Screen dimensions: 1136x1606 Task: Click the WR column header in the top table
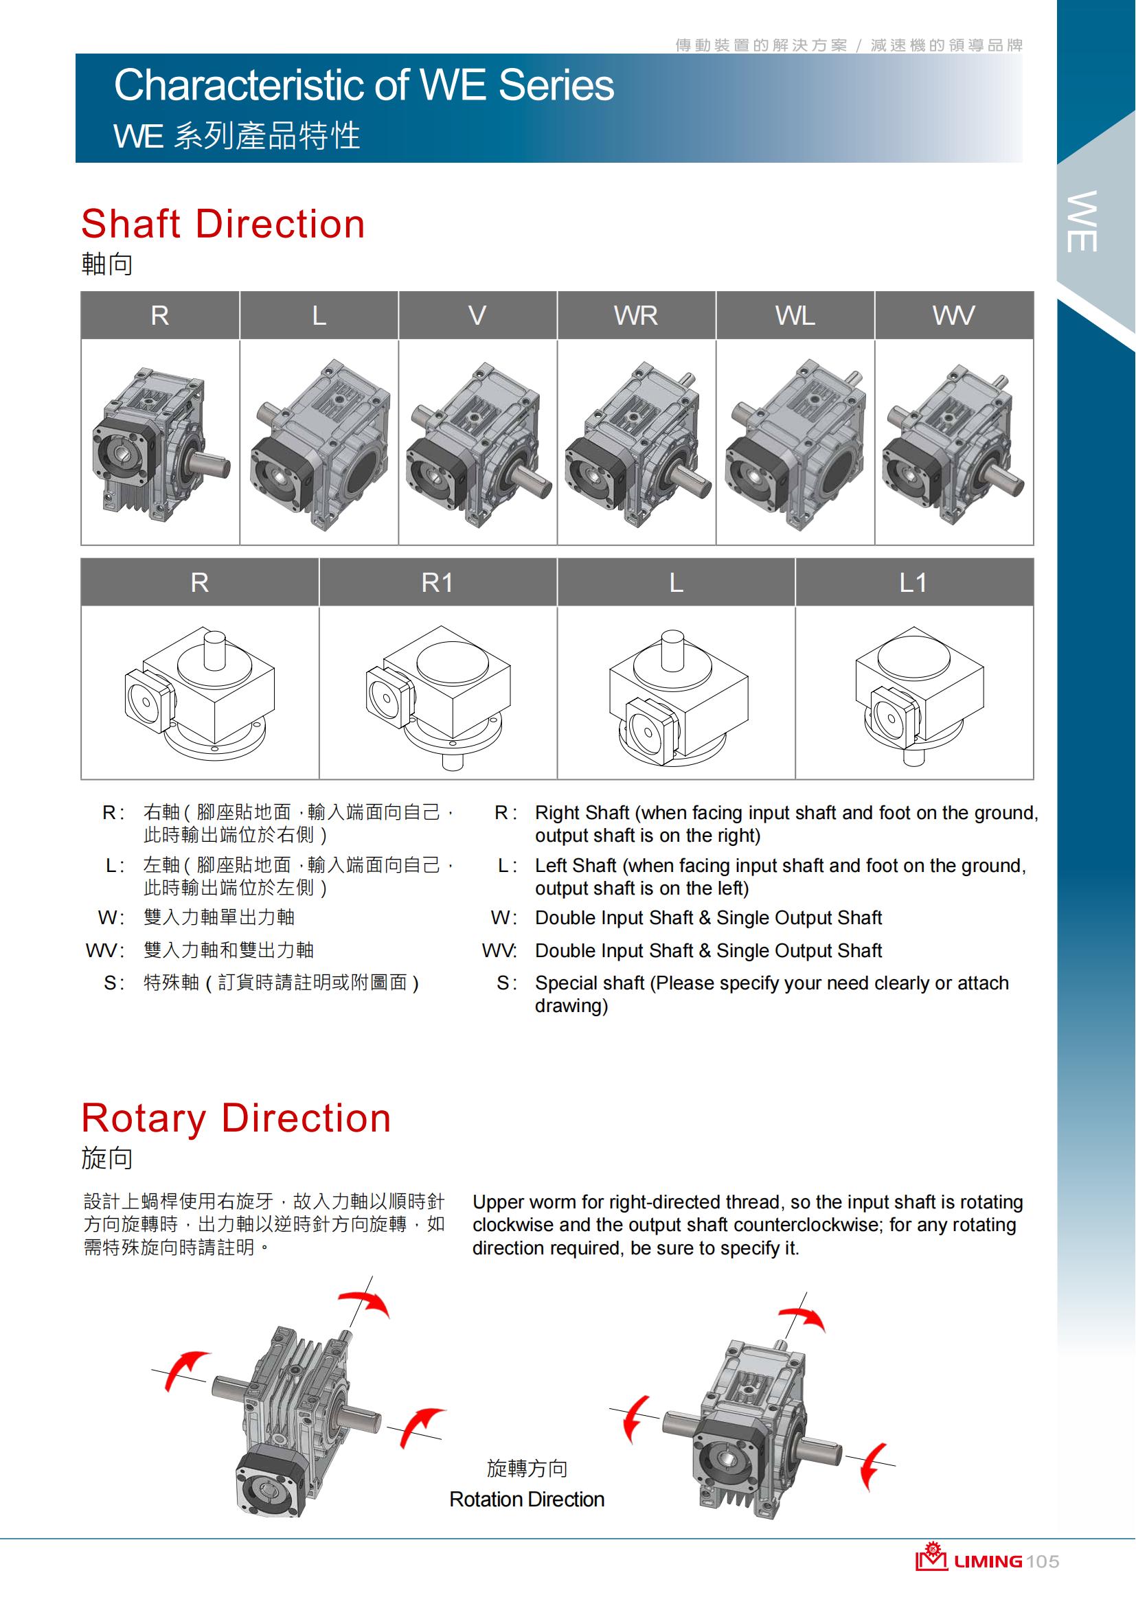pos(636,315)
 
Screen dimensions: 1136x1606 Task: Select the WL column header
pos(795,315)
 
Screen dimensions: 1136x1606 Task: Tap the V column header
pos(477,315)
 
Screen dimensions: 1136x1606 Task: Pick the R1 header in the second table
pos(438,582)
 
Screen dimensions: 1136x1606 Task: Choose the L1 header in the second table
pos(913,582)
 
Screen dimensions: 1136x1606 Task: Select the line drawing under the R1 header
pos(438,697)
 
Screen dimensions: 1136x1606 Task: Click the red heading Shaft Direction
pos(223,224)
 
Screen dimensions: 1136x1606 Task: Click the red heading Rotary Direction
pos(236,1118)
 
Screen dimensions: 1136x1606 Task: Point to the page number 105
pos(1044,1561)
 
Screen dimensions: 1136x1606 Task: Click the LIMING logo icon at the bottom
pos(931,1557)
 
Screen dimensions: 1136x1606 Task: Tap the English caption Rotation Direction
pos(527,1499)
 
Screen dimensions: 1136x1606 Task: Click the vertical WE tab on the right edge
pos(1082,221)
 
